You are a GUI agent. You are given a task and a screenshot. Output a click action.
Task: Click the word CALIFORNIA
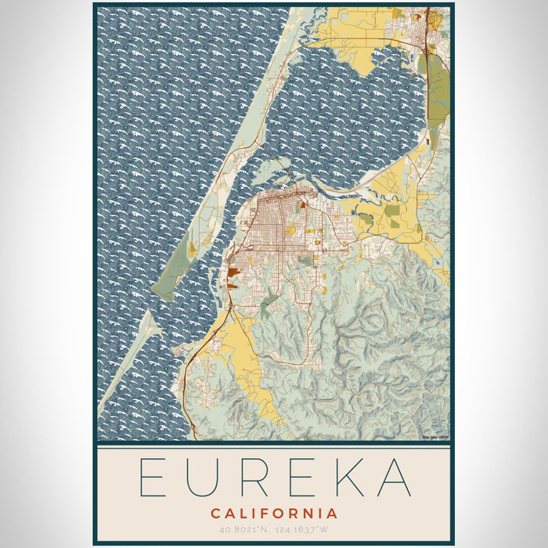click(274, 514)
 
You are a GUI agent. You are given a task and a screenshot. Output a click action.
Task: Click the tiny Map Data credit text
click(436, 438)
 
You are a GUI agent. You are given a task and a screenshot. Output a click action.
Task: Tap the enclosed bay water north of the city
click(344, 117)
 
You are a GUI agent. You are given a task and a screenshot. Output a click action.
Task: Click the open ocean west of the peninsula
click(157, 117)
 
